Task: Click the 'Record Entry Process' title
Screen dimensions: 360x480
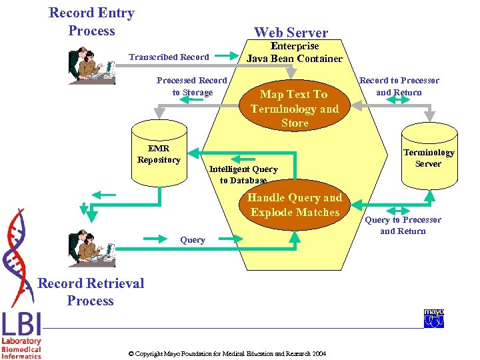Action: (x=91, y=22)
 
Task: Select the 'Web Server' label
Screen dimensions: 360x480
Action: (x=291, y=32)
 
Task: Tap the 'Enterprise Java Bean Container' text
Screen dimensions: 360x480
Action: (x=294, y=52)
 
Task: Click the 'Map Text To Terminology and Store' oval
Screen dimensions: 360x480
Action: (x=295, y=109)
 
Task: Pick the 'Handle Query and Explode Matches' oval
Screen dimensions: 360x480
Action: (x=295, y=205)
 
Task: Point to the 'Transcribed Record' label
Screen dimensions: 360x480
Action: (x=169, y=57)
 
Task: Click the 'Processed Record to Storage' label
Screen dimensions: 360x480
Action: (x=192, y=87)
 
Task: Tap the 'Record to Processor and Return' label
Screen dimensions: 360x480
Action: (x=399, y=87)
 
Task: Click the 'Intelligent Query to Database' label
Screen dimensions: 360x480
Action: (x=243, y=175)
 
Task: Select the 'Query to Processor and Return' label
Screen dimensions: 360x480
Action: (x=403, y=225)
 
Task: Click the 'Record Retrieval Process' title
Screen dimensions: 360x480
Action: (x=91, y=292)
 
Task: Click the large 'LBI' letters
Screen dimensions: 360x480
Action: (x=21, y=325)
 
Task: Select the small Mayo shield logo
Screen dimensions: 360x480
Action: (x=434, y=319)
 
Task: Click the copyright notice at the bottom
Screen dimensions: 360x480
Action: (x=227, y=353)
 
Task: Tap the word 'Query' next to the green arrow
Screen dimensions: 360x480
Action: (x=193, y=240)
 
